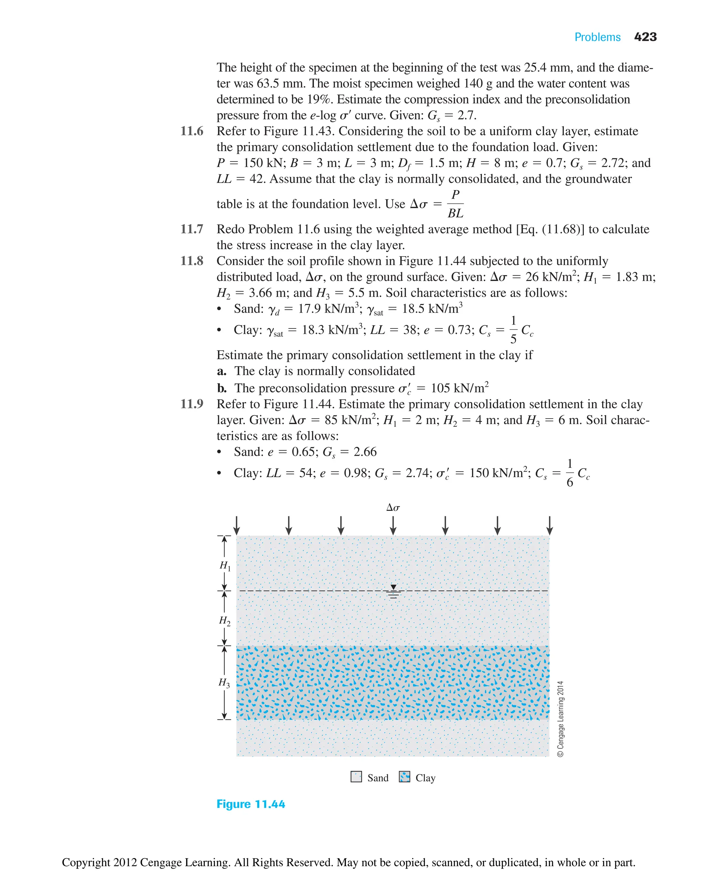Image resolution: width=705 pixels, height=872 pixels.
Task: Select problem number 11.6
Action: click(192, 131)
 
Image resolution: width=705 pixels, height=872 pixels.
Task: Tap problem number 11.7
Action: click(192, 229)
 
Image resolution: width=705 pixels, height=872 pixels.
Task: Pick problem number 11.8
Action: click(192, 261)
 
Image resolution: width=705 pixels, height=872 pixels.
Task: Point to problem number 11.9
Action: click(192, 404)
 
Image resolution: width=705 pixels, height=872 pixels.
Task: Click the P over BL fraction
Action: click(455, 204)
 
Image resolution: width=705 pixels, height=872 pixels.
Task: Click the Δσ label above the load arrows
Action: click(393, 507)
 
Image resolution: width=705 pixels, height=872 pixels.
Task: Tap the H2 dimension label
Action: click(224, 621)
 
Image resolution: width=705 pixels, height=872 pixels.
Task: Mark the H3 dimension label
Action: click(224, 682)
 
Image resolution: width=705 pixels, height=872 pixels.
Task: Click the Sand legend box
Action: click(356, 777)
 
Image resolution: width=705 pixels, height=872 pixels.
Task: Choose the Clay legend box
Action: click(404, 777)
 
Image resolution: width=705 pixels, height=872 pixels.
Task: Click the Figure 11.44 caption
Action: click(251, 804)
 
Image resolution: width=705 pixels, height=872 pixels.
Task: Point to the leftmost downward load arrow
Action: click(237, 525)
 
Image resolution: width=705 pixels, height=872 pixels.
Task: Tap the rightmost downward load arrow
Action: click(549, 525)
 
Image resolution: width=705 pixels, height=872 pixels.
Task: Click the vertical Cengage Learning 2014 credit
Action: click(560, 719)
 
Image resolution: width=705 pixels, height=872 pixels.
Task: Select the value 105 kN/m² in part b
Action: click(459, 388)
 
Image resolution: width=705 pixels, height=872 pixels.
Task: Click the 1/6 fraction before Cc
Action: click(570, 473)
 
